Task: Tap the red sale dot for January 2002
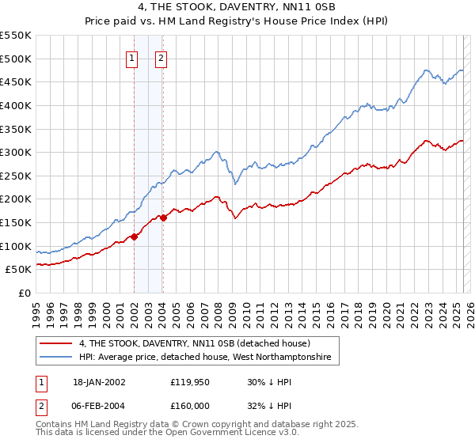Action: (134, 236)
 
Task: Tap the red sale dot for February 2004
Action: (162, 218)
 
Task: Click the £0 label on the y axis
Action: (25, 293)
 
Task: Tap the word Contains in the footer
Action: (56, 426)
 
